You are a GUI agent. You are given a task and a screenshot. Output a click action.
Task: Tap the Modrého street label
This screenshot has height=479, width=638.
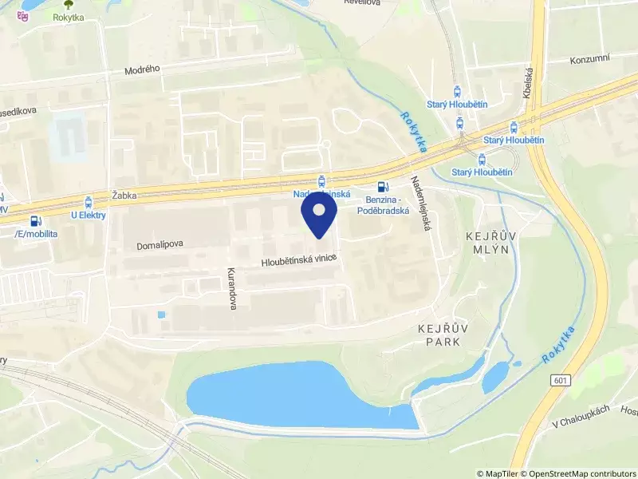click(142, 69)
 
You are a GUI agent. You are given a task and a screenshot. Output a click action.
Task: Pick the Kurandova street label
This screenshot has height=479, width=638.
click(233, 288)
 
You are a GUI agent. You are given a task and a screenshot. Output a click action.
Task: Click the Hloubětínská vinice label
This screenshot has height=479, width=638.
click(299, 259)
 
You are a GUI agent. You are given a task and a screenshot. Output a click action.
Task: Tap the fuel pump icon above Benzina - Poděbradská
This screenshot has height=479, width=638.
click(382, 187)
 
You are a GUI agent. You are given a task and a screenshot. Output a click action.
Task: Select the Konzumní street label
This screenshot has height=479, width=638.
click(589, 61)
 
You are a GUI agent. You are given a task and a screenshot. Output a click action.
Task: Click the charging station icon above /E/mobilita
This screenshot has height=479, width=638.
click(34, 220)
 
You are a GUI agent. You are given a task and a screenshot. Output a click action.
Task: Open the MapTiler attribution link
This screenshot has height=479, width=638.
click(500, 473)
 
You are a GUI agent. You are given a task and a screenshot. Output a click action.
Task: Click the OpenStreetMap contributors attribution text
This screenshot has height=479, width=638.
click(579, 473)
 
